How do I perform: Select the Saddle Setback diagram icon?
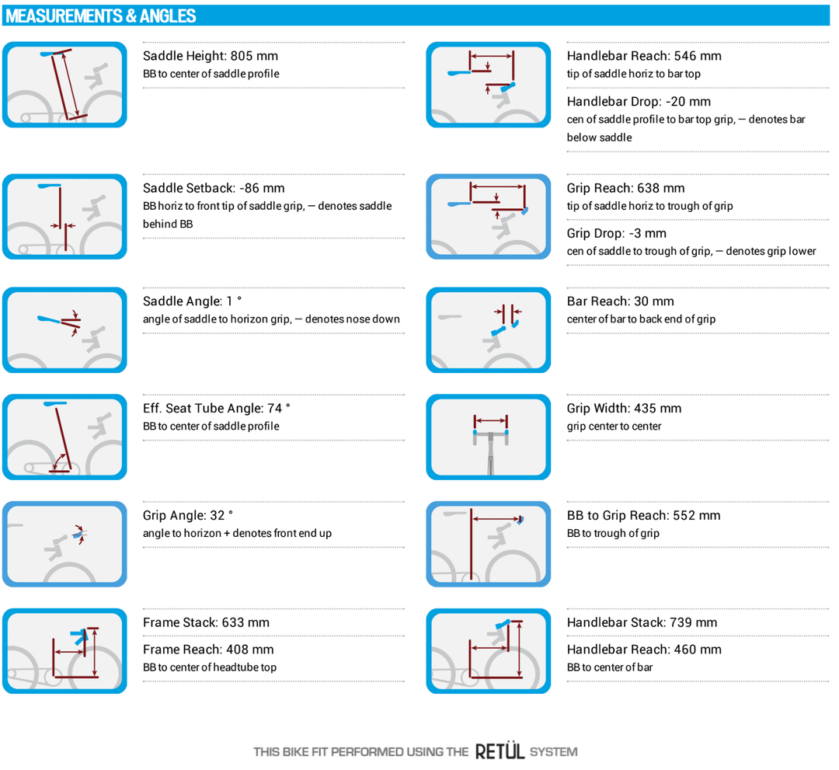coord(64,217)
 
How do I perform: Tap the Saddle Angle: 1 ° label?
coord(192,301)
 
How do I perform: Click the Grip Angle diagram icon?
coord(64,544)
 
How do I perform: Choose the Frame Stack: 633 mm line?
coord(206,622)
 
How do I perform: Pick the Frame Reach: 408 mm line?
coord(208,650)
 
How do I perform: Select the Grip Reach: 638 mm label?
coord(625,188)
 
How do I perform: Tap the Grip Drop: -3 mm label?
coord(616,233)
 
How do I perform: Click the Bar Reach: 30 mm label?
coord(620,301)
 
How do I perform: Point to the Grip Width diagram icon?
coord(489,437)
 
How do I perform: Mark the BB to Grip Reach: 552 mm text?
coord(644,515)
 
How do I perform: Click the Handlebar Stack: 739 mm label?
coord(642,622)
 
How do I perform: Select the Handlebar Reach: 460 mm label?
coord(644,650)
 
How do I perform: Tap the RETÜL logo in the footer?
coord(500,751)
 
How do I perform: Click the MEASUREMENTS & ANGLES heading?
coord(100,16)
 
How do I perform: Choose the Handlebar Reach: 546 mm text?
coord(644,56)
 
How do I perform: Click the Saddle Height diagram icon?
coord(64,85)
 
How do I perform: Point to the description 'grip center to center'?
coord(614,427)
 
